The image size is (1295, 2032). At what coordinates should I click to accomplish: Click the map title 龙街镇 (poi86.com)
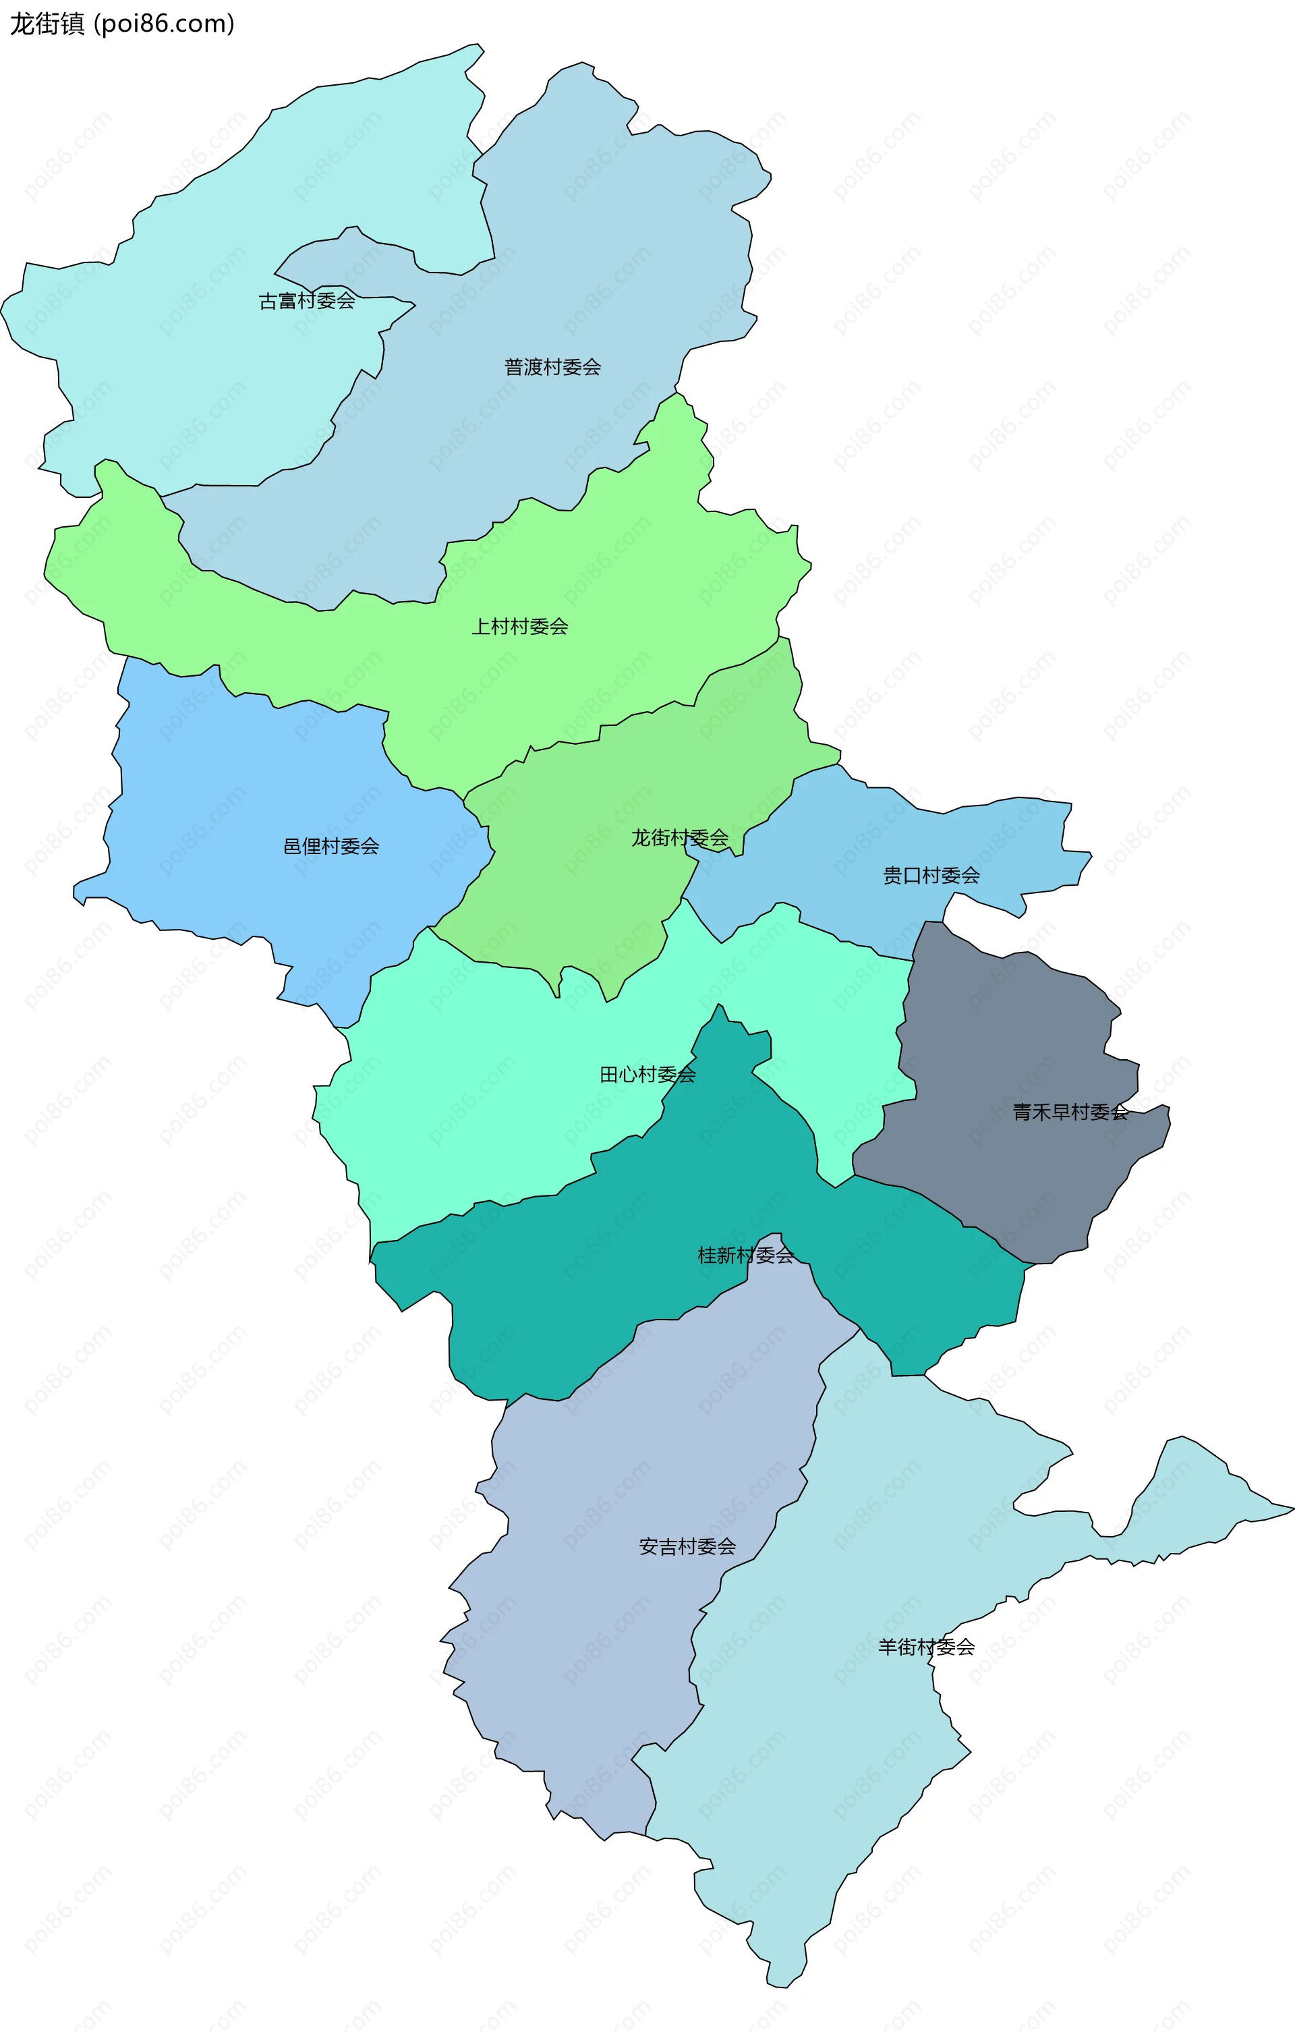click(x=121, y=24)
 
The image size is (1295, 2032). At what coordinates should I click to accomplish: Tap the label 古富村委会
click(x=306, y=302)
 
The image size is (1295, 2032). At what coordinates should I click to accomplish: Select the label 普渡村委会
click(x=552, y=367)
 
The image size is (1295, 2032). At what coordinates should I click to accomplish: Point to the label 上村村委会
click(x=520, y=626)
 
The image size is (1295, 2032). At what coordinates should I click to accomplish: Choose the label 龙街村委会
click(x=680, y=838)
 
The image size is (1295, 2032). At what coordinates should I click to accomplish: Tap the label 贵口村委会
click(x=931, y=875)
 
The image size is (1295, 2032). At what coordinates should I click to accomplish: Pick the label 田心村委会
click(x=648, y=1074)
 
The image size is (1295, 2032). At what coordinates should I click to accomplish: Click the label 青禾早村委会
click(x=1070, y=1112)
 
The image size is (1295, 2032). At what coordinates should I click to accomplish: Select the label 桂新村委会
click(x=746, y=1255)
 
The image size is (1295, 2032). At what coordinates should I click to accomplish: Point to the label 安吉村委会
click(x=687, y=1546)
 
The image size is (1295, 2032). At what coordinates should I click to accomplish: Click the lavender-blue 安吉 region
click(x=608, y=1645)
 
